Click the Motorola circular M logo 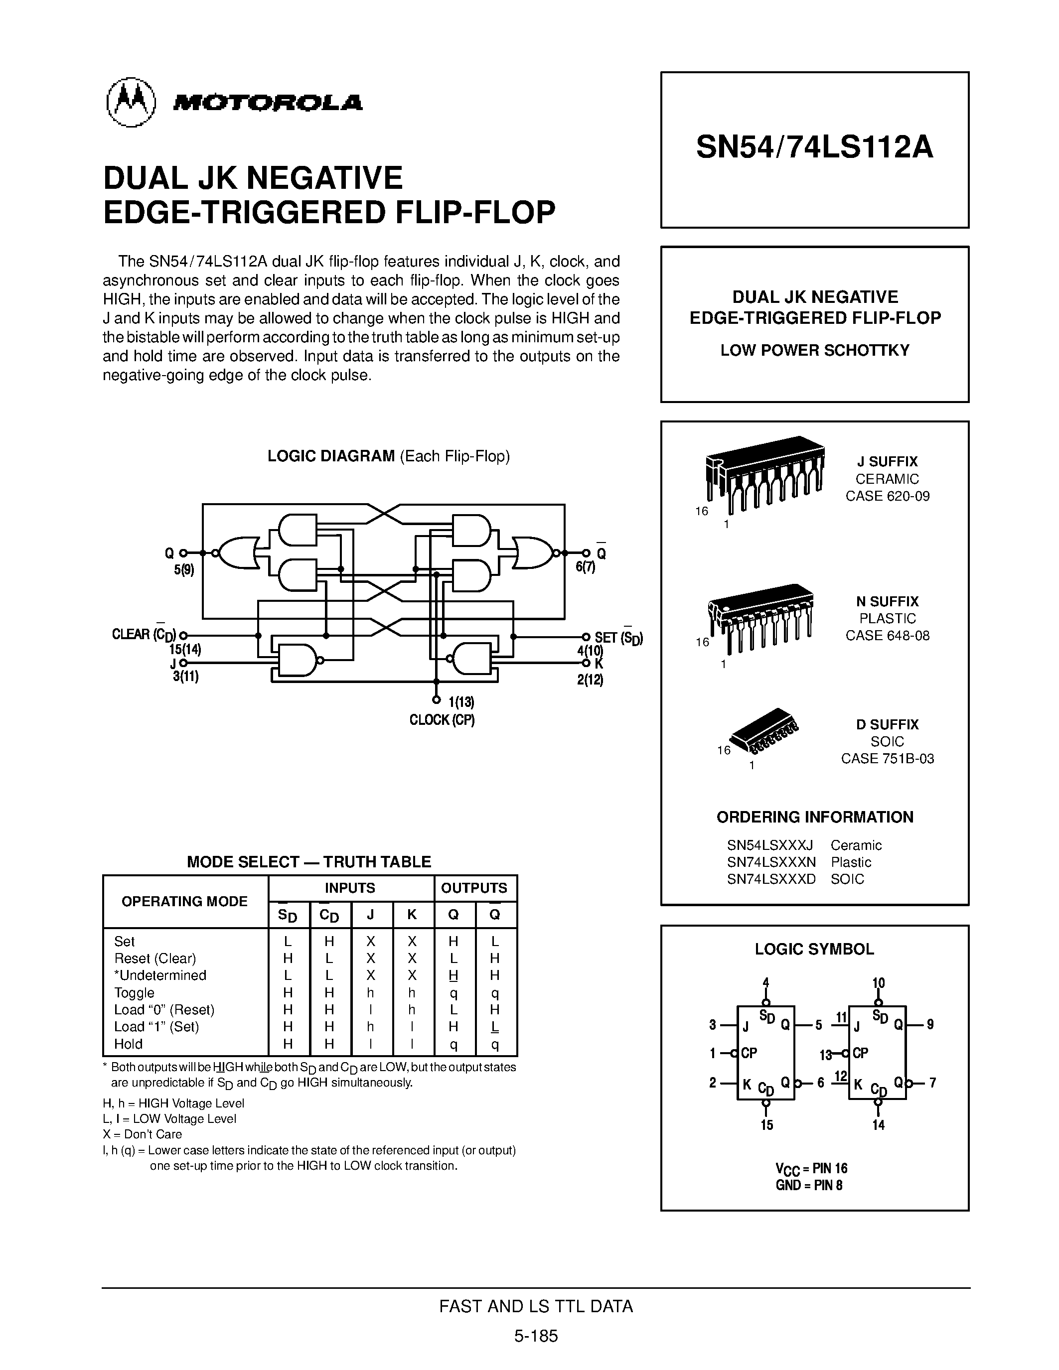pyautogui.click(x=131, y=102)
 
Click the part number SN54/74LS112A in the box pyautogui.click(x=814, y=148)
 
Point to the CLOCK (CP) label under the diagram pyautogui.click(x=442, y=720)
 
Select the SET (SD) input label pyautogui.click(x=618, y=638)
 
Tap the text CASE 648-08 pyautogui.click(x=887, y=636)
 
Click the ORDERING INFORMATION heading pyautogui.click(x=814, y=818)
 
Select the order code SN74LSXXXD pyautogui.click(x=771, y=879)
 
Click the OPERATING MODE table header pyautogui.click(x=184, y=901)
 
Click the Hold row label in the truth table pyautogui.click(x=128, y=1044)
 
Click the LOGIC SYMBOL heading pyautogui.click(x=814, y=949)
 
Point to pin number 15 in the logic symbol pyautogui.click(x=766, y=1125)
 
